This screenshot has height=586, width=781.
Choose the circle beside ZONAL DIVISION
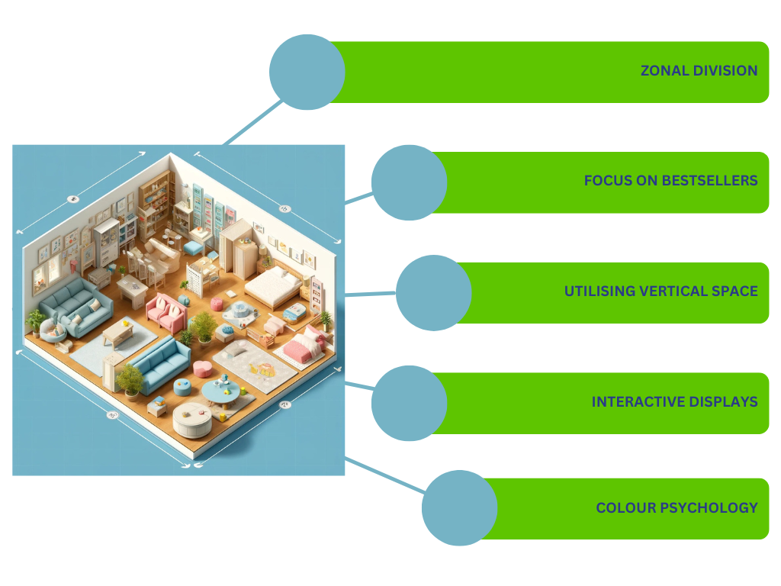coord(307,72)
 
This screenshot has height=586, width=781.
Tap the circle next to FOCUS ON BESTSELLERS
coord(409,182)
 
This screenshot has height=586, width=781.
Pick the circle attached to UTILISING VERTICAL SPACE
coord(434,293)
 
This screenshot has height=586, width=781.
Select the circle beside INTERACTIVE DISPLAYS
coord(409,403)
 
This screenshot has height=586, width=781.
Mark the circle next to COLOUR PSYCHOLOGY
coord(459,507)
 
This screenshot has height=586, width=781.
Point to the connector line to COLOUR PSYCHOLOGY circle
coord(385,476)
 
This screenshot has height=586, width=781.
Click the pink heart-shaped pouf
coord(203,369)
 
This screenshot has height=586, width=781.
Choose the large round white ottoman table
coord(192,417)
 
